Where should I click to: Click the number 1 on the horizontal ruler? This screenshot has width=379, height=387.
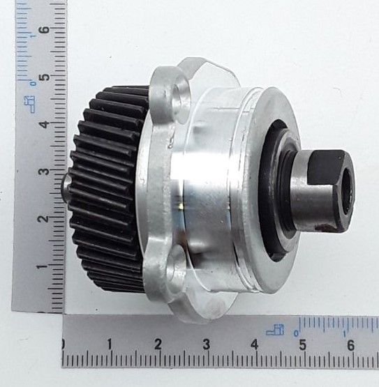click(110, 344)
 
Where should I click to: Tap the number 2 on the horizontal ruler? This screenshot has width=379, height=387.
click(158, 344)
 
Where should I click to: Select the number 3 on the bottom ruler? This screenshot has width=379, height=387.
click(207, 344)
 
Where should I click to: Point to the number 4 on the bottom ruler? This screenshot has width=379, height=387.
click(255, 344)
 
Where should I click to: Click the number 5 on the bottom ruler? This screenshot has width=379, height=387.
click(303, 344)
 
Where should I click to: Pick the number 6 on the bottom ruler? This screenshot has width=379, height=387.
click(351, 345)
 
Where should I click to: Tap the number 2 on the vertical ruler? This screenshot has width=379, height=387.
click(43, 219)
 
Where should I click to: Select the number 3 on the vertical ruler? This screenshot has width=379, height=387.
click(43, 171)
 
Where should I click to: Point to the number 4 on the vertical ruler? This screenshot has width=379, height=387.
click(44, 124)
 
